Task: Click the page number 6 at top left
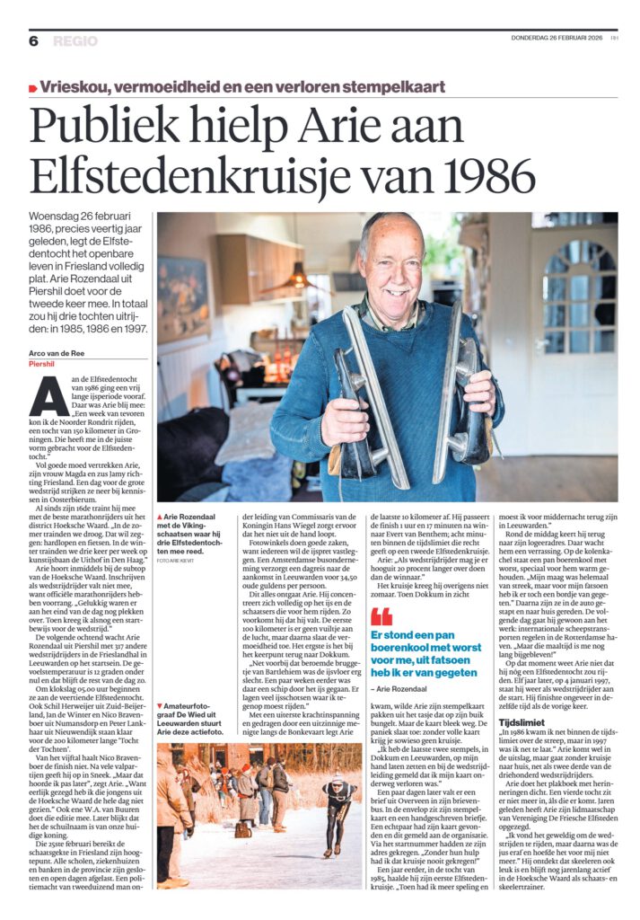click(x=33, y=40)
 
